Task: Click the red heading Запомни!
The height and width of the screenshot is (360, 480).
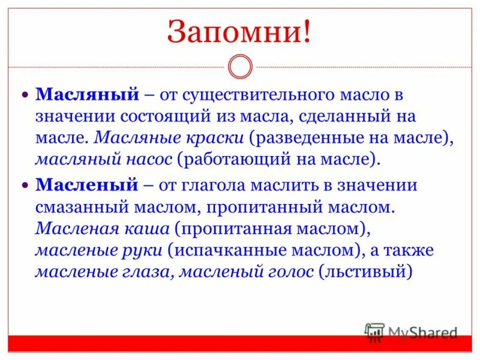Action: tap(239, 32)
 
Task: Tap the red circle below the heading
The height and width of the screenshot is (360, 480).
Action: tap(240, 67)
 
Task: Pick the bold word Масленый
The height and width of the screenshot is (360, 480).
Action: tap(88, 185)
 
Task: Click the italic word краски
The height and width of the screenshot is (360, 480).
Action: tap(217, 137)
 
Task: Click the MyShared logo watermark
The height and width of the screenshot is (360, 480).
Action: tap(411, 333)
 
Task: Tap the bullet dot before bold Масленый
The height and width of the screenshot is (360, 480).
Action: tap(25, 185)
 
